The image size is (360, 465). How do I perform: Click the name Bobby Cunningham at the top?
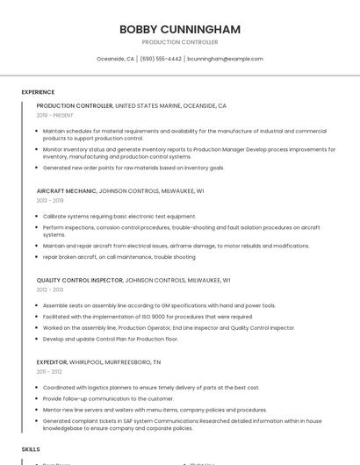pyautogui.click(x=180, y=29)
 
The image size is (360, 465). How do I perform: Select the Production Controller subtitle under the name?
pyautogui.click(x=180, y=42)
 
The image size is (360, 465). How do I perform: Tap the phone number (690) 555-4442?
pyautogui.click(x=161, y=59)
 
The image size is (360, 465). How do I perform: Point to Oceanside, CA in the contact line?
pyautogui.click(x=115, y=59)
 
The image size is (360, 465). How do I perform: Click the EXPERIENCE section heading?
pyautogui.click(x=38, y=92)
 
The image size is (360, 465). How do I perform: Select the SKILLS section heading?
pyautogui.click(x=31, y=449)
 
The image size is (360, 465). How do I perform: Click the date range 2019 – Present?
pyautogui.click(x=54, y=115)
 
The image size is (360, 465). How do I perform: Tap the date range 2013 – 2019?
pyautogui.click(x=50, y=200)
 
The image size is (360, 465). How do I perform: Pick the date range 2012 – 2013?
pyautogui.click(x=50, y=290)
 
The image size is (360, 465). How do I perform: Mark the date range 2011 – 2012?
pyautogui.click(x=49, y=371)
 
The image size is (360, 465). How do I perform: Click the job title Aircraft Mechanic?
pyautogui.click(x=66, y=190)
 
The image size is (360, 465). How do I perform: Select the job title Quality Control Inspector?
pyautogui.click(x=80, y=280)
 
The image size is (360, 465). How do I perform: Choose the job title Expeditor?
pyautogui.click(x=52, y=361)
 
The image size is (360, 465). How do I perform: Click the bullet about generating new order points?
pyautogui.click(x=133, y=168)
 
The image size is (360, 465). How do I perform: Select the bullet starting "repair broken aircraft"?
pyautogui.click(x=119, y=257)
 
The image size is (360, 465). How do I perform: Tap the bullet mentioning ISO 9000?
pyautogui.click(x=148, y=317)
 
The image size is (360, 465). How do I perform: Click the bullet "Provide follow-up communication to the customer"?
pyautogui.click(x=108, y=398)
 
